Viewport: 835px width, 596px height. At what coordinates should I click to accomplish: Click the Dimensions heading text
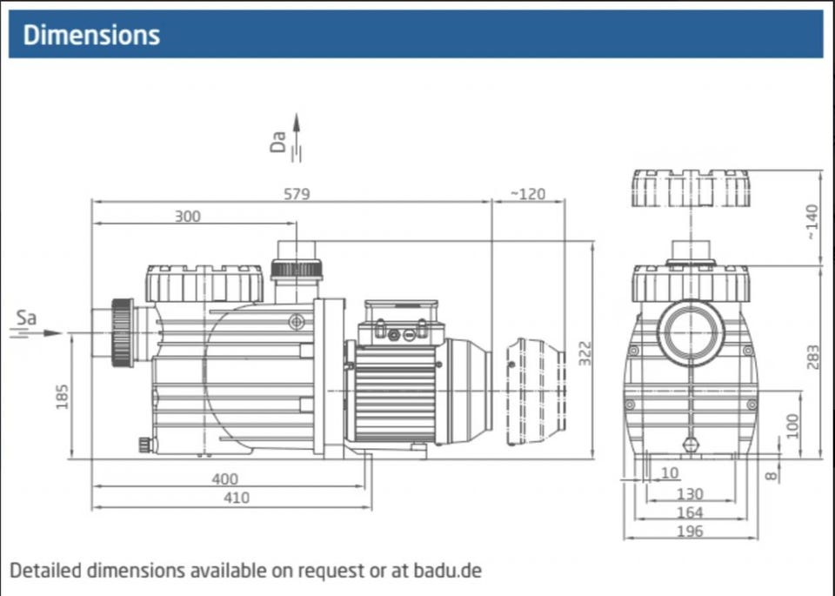[x=91, y=35]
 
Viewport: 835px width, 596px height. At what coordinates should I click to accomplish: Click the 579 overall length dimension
[x=297, y=193]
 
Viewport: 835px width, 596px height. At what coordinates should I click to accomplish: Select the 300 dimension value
[x=187, y=216]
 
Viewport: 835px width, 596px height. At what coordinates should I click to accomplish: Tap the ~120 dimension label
[x=527, y=193]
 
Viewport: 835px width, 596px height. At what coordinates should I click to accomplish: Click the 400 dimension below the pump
[x=224, y=479]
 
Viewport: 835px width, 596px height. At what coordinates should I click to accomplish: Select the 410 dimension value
[x=236, y=498]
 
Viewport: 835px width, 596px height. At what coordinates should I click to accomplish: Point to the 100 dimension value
[x=792, y=425]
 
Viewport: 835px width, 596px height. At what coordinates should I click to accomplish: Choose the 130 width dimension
[x=689, y=494]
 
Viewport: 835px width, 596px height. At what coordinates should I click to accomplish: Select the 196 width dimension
[x=689, y=531]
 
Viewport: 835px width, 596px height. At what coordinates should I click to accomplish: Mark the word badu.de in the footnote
[x=446, y=571]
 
